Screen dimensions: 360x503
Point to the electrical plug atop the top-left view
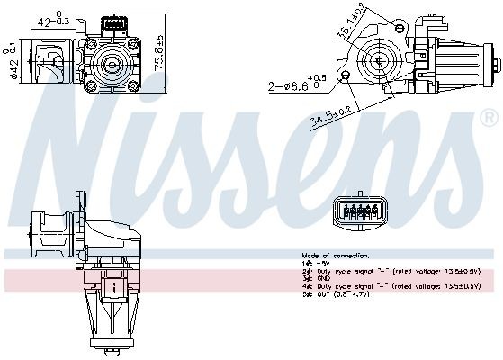click(114, 22)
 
